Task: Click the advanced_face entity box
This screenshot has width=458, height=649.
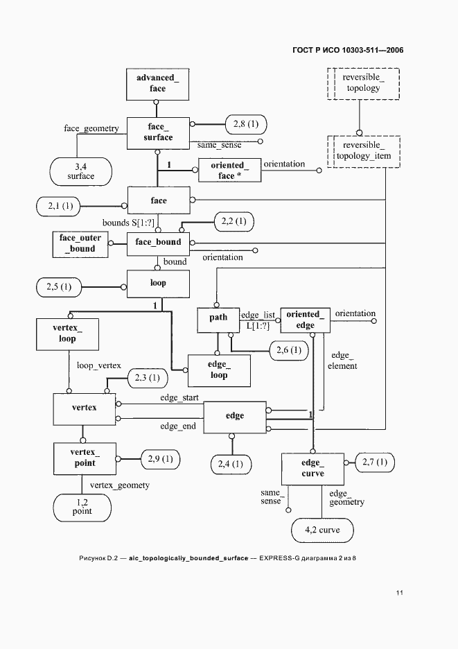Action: click(x=158, y=83)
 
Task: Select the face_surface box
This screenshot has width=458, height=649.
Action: click(x=158, y=132)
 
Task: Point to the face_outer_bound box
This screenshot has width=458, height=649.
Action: click(x=80, y=243)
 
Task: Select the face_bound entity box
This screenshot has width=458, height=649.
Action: click(x=158, y=242)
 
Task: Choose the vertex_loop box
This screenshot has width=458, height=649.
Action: click(x=67, y=334)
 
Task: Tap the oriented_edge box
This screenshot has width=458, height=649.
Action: click(x=305, y=320)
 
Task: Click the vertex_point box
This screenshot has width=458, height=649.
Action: click(x=85, y=458)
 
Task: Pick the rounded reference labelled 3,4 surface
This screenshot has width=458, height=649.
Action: click(x=81, y=171)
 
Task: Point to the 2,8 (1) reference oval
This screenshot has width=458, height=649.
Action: click(x=245, y=124)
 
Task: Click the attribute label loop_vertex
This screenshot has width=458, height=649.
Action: click(x=99, y=365)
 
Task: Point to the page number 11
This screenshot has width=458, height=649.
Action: click(x=400, y=593)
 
